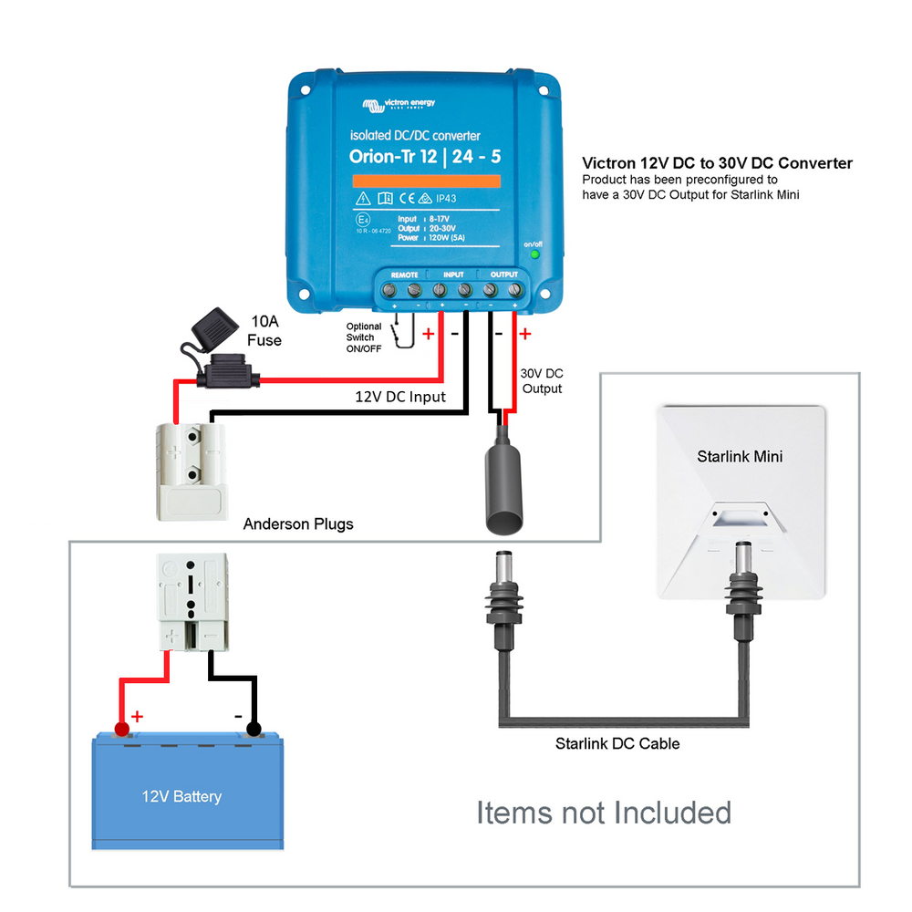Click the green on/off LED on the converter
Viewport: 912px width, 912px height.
[x=534, y=254]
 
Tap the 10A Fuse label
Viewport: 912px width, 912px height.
[x=264, y=331]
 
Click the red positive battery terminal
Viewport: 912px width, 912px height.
[x=120, y=729]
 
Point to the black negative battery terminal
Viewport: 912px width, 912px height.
[x=254, y=729]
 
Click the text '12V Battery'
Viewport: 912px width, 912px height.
[x=181, y=796]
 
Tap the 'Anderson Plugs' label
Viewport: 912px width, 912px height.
[x=298, y=524]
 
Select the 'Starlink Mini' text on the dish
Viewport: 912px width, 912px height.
[x=740, y=456]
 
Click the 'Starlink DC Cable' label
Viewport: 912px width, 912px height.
[x=617, y=743]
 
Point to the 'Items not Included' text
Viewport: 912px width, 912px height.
[x=604, y=812]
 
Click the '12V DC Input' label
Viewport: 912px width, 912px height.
[x=400, y=397]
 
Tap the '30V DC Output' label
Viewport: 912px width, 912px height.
[x=541, y=381]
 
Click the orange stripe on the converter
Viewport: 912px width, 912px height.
[x=425, y=181]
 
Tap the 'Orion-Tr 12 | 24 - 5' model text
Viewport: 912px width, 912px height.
[x=425, y=157]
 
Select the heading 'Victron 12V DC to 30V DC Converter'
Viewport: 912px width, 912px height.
[x=717, y=163]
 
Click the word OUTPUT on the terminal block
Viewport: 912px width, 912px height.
[x=503, y=275]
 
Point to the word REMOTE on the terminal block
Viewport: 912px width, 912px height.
[x=404, y=275]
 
